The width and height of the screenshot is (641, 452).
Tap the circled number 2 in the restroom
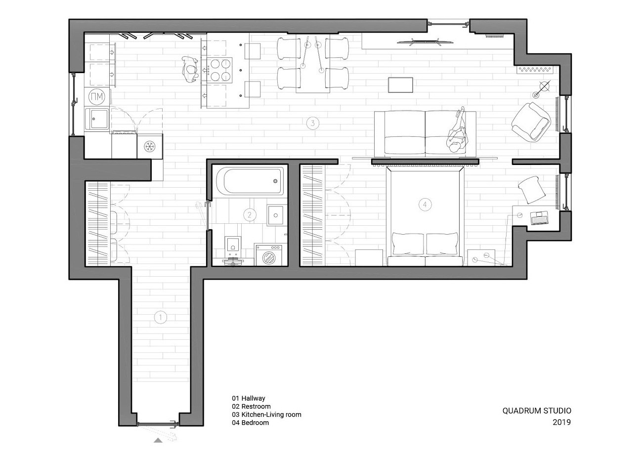point(250,214)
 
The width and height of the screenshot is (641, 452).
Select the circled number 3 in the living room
point(312,123)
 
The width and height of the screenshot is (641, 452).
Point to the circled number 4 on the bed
point(424,204)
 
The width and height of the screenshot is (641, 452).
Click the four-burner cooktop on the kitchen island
point(218,70)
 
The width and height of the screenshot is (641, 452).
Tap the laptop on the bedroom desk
point(540,217)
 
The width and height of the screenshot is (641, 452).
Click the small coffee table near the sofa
point(401,84)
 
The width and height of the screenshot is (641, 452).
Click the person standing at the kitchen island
point(190,70)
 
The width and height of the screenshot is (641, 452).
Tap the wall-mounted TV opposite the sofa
point(426,41)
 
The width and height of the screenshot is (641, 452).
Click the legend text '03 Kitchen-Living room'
point(266,414)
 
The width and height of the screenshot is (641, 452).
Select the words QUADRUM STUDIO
point(536,411)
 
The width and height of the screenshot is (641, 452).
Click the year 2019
point(561,422)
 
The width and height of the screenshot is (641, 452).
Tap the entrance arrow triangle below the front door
point(158,440)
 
